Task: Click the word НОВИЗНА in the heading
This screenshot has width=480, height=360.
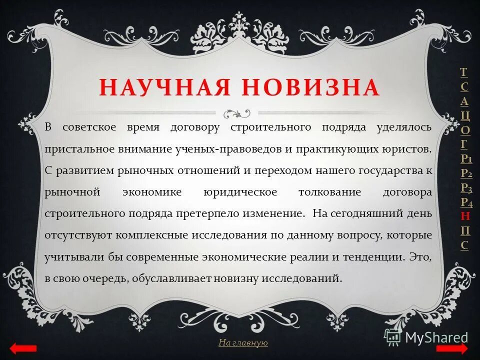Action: pyautogui.click(x=311, y=87)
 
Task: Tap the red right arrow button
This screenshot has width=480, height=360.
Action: pyautogui.click(x=452, y=348)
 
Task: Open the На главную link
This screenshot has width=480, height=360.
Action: pyautogui.click(x=243, y=342)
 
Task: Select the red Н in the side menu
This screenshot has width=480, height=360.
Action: pyautogui.click(x=465, y=216)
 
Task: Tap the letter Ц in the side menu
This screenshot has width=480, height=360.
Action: pyautogui.click(x=465, y=115)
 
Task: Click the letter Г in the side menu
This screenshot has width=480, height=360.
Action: pyautogui.click(x=464, y=144)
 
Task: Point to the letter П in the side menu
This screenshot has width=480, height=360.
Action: pyautogui.click(x=465, y=230)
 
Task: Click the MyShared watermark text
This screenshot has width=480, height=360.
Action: pyautogui.click(x=436, y=337)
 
